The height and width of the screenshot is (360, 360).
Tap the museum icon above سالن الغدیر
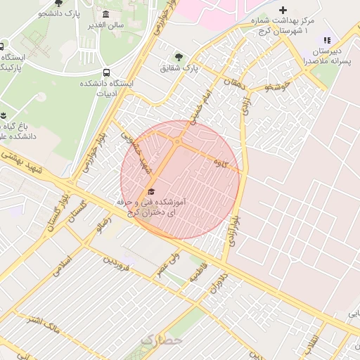coord(105,15)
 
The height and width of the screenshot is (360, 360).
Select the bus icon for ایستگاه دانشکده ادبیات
coord(105,72)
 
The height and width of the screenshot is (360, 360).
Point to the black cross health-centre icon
coord(283,11)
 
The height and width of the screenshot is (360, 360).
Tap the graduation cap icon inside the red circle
coord(150,192)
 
